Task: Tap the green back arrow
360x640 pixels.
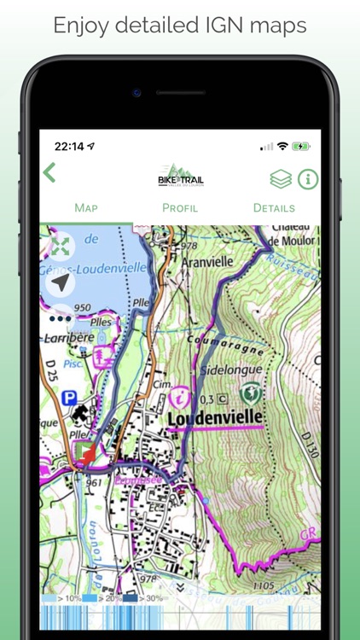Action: point(49,172)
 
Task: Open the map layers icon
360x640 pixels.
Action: point(281,178)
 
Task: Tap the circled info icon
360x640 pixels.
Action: point(307,178)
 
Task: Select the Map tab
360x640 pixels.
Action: point(86,207)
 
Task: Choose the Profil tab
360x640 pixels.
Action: point(180,207)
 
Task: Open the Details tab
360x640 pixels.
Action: point(274,207)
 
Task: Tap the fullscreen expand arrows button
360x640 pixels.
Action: point(61,247)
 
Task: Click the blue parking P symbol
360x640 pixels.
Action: point(70,398)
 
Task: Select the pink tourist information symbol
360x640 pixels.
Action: point(181,396)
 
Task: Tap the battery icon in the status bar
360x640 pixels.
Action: point(301,147)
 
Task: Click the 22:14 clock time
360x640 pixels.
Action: point(69,147)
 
